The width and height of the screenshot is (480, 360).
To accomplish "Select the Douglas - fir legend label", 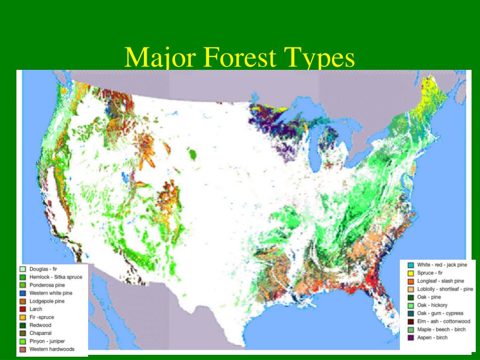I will pyautogui.click(x=43, y=270).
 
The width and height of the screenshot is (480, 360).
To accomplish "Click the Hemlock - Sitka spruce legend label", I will pyautogui.click(x=56, y=277).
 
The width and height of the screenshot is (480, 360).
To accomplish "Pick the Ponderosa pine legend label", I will pyautogui.click(x=47, y=285).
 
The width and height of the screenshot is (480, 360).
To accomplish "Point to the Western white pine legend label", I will pyautogui.click(x=51, y=293).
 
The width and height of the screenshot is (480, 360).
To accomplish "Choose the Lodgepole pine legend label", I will pyautogui.click(x=47, y=301).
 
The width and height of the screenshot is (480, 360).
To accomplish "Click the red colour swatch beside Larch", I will pyautogui.click(x=22, y=309).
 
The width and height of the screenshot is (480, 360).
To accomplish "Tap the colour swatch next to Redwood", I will pyautogui.click(x=22, y=325).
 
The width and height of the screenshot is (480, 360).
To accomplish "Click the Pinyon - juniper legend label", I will pyautogui.click(x=47, y=341).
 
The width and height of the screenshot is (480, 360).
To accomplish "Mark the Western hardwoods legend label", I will pyautogui.click(x=52, y=349).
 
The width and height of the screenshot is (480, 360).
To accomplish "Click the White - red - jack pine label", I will pyautogui.click(x=442, y=265).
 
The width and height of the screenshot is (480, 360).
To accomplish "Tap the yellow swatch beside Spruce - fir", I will pyautogui.click(x=410, y=273).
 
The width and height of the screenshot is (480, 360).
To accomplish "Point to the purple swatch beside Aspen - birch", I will pyautogui.click(x=410, y=337).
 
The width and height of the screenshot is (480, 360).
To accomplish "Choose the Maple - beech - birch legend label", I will pyautogui.click(x=441, y=329).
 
